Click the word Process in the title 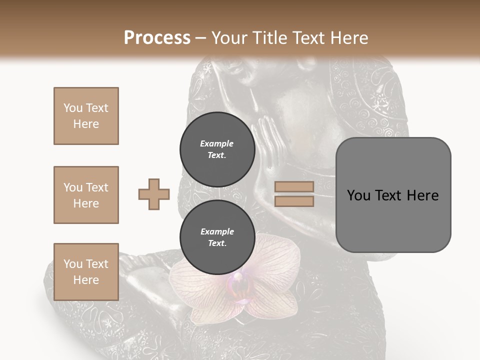pos(157,38)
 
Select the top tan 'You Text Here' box pos(86,116)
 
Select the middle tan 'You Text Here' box pos(86,195)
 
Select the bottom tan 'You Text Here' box pos(86,271)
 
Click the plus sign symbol pos(154,194)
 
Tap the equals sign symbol pos(294,194)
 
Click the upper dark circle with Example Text pos(217,149)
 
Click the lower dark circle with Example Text pos(217,237)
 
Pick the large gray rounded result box pos(393,195)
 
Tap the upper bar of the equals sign pos(294,187)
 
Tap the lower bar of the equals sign pos(294,201)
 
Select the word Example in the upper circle pos(217,143)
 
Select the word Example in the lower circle pos(217,231)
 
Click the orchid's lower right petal pos(272,305)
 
